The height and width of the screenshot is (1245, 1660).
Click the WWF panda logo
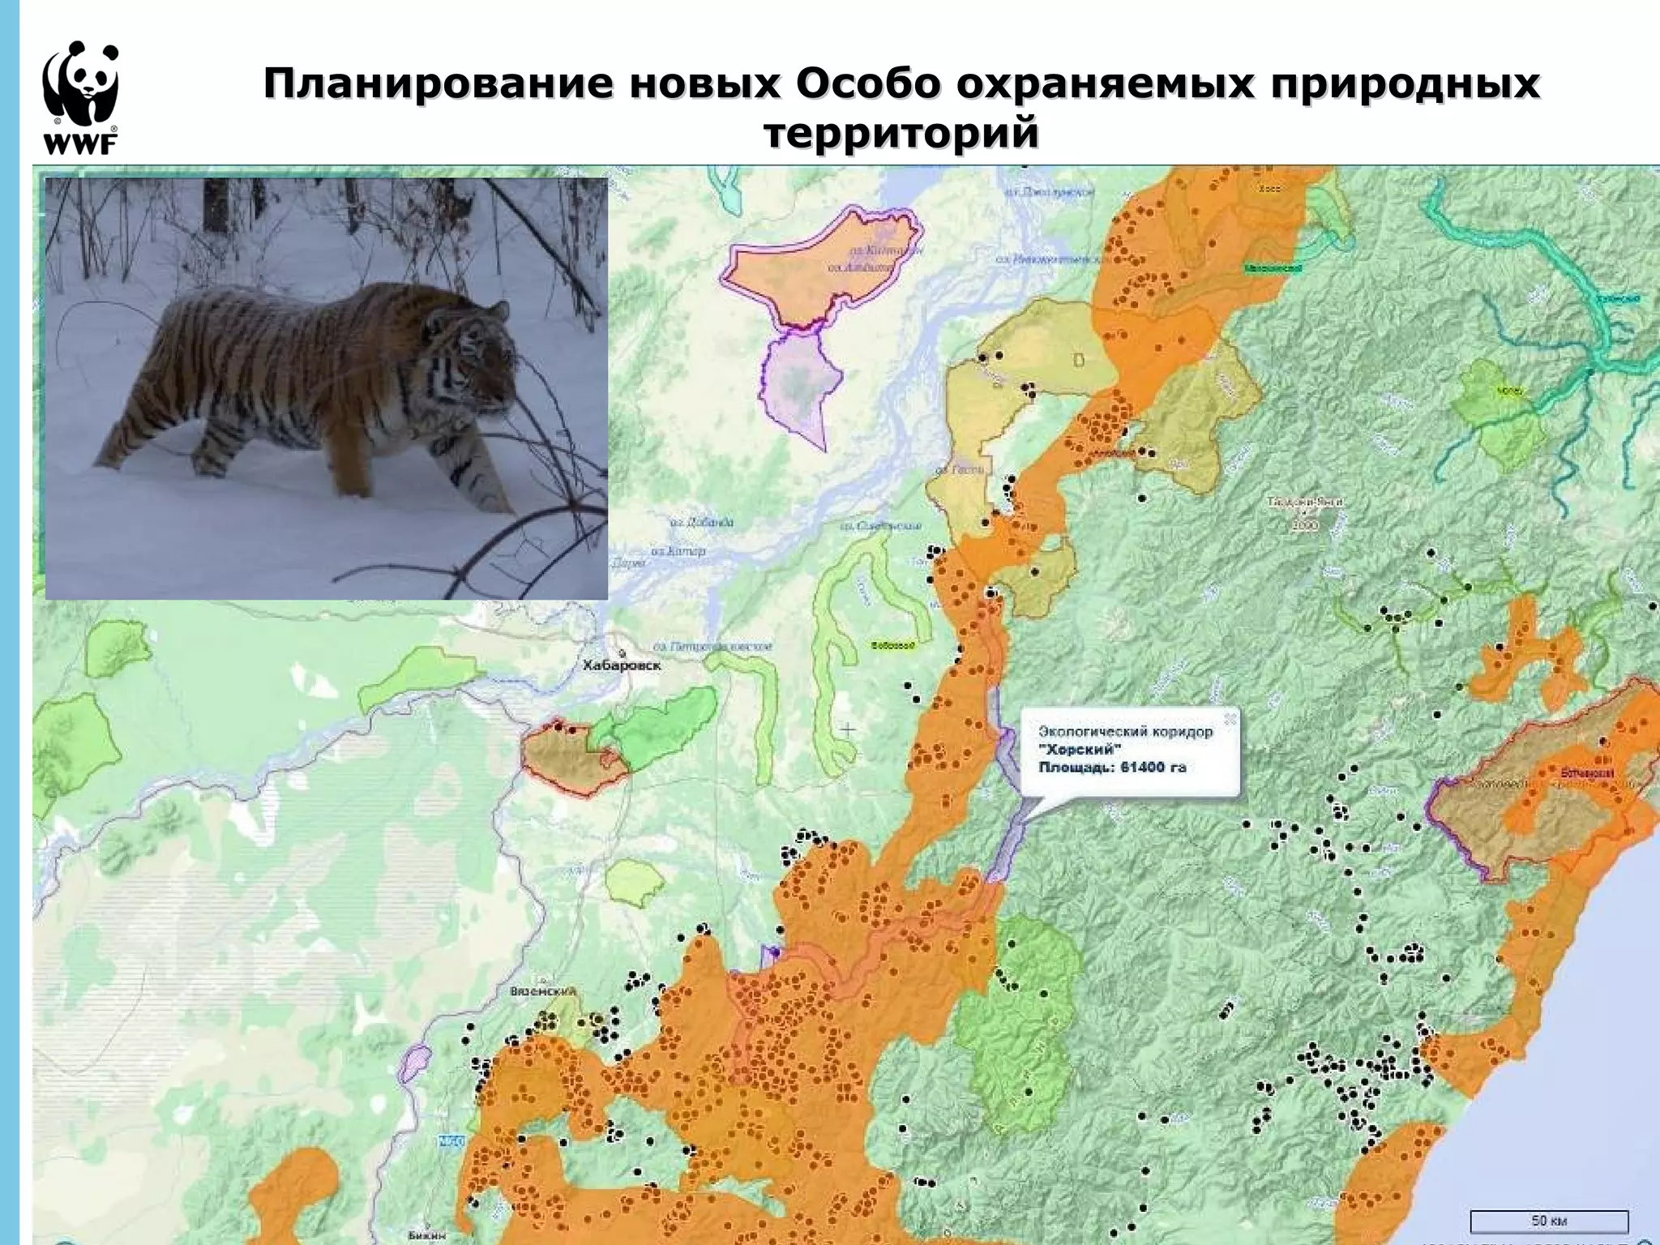click(x=80, y=97)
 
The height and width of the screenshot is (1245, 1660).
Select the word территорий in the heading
click(x=901, y=134)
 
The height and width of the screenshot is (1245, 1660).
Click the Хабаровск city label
click(x=622, y=665)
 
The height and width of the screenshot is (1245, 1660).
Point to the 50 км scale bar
click(x=1549, y=1220)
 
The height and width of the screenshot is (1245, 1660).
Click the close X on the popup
click(x=1230, y=718)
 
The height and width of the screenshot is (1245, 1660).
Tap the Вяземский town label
click(x=543, y=991)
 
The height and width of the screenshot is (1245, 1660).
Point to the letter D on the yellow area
click(x=1080, y=360)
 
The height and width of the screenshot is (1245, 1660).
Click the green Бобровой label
click(x=893, y=646)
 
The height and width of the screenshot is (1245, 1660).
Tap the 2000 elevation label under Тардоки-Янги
click(x=1306, y=526)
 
